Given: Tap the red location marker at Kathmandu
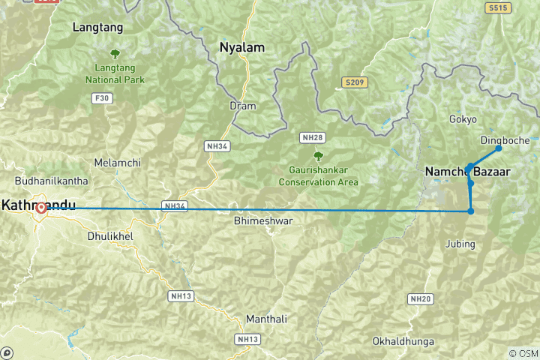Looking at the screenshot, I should (x=41, y=209).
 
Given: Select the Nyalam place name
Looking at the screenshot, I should (x=241, y=47).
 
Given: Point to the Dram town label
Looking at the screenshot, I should (x=242, y=106).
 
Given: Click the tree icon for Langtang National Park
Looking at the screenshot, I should (x=115, y=53).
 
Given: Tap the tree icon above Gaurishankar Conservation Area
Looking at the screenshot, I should (x=318, y=156).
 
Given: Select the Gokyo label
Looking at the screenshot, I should (x=463, y=119).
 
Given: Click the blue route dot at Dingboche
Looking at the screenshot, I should (x=498, y=148).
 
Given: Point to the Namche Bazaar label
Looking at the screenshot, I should (x=467, y=172).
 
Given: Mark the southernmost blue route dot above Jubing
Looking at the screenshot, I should (x=471, y=211).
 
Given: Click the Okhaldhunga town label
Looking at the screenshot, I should (x=403, y=341).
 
